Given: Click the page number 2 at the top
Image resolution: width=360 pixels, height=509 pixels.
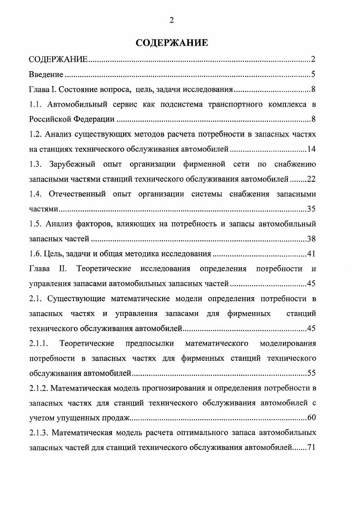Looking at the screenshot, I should point(172,19).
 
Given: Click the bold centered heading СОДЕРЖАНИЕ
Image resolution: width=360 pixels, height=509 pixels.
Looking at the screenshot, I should point(172,43).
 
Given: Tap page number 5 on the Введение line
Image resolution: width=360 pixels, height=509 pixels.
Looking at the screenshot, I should point(313,74).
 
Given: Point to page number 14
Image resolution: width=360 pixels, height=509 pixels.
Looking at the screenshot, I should point(311,149).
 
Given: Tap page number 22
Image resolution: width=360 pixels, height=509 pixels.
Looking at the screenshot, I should point(311,179).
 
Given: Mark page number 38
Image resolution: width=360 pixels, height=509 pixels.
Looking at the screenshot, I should point(311,239).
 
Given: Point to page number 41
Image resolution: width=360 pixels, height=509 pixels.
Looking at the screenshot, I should point(311,254).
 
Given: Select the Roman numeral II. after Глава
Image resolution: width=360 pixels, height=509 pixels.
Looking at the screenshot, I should point(63,269).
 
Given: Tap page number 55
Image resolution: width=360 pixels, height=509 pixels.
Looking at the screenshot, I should point(311,373).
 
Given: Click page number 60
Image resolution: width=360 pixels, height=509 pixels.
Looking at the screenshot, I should point(311,418).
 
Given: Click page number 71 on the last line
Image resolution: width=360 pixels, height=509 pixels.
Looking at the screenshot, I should point(311,448).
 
